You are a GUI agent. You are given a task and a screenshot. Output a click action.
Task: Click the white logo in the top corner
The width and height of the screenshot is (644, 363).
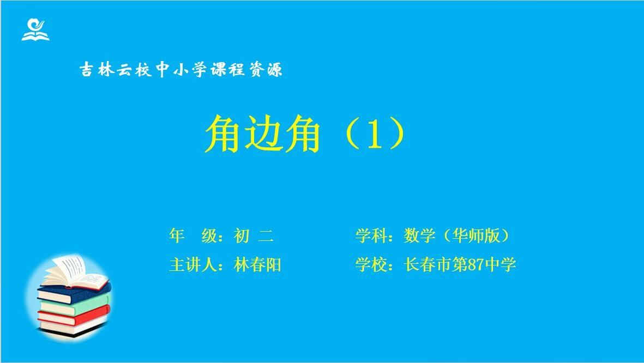pyautogui.click(x=35, y=30)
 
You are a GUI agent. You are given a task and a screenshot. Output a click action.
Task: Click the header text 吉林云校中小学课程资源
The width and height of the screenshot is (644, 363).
pyautogui.click(x=181, y=70)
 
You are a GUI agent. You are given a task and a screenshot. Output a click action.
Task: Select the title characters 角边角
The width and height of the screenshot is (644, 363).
pyautogui.click(x=262, y=134)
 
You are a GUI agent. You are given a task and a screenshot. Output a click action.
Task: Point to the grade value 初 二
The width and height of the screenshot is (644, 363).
pyautogui.click(x=254, y=235)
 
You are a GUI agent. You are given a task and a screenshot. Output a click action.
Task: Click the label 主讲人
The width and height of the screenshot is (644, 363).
pyautogui.click(x=192, y=265)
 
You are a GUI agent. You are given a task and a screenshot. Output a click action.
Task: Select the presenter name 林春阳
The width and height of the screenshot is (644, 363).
pyautogui.click(x=257, y=265)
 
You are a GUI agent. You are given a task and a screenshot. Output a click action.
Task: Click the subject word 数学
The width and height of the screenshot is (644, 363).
pyautogui.click(x=419, y=235)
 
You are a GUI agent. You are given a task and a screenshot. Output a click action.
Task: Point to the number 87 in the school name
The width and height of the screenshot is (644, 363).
pyautogui.click(x=476, y=265)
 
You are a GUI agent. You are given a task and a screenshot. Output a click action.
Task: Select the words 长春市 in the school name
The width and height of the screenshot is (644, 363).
pyautogui.click(x=428, y=265)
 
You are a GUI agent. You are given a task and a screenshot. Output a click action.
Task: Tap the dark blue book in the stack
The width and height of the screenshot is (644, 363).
pyautogui.click(x=74, y=294)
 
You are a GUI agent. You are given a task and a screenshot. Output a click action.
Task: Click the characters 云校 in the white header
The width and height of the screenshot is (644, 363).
pyautogui.click(x=134, y=70)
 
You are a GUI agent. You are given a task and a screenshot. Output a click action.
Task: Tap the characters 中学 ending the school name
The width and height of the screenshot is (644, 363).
pyautogui.click(x=500, y=265)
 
